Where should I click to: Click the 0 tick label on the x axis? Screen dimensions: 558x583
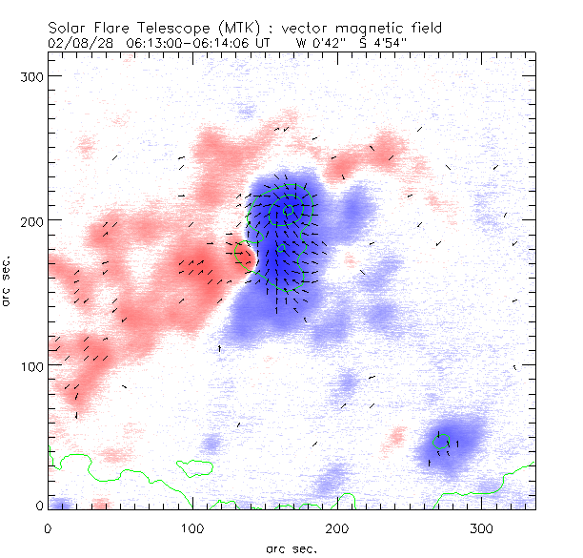pos(48,527)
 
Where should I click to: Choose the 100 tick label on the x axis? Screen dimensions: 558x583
pos(192,527)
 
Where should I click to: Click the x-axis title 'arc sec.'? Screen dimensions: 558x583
pos(291,548)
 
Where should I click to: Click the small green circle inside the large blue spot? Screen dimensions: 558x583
pos(289,210)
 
